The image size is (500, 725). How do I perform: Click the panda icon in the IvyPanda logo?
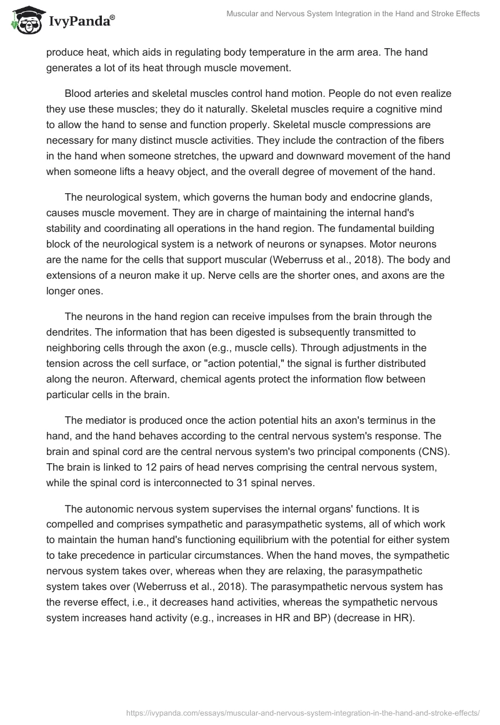(24, 19)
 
